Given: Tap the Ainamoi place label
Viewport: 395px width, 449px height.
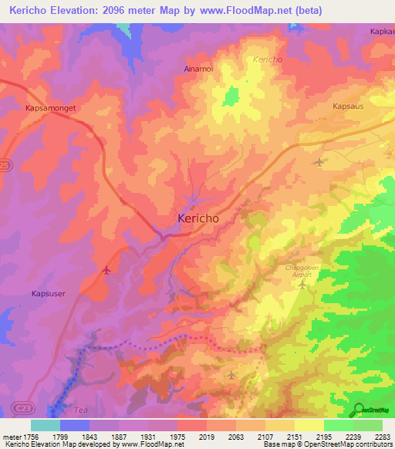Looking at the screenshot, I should pos(199,68).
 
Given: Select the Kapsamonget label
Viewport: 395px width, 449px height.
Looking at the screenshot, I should pos(51,109).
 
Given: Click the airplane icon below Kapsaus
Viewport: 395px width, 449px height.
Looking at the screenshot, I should pos(320,162).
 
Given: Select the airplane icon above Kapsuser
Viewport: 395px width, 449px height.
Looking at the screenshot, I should pos(106,270).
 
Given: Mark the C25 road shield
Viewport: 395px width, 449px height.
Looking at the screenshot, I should pos(6,187).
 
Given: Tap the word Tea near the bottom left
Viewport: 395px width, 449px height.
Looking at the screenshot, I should pos(82,410).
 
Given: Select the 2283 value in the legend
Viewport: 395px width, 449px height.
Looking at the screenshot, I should pos(381,437).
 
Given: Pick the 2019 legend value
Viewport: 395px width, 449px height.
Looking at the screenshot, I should pos(207,437).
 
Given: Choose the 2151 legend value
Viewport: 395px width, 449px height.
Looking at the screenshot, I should pos(294,437).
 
